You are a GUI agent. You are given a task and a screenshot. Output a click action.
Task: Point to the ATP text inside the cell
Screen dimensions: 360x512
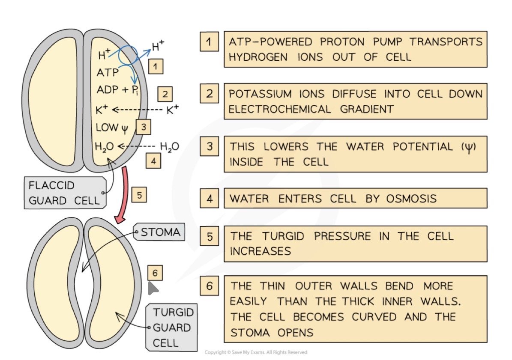pyautogui.click(x=108, y=73)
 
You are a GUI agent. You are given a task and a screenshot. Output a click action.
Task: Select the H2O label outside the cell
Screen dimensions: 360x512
pyautogui.click(x=169, y=146)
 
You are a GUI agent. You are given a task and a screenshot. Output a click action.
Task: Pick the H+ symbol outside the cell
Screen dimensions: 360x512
pyautogui.click(x=158, y=46)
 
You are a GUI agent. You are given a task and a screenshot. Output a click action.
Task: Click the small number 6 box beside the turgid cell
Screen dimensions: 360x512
pyautogui.click(x=155, y=273)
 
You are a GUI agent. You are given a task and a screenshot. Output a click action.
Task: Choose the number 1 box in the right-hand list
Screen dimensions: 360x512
pyautogui.click(x=209, y=42)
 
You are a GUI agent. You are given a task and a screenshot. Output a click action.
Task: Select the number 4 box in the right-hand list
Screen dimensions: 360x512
pyautogui.click(x=209, y=198)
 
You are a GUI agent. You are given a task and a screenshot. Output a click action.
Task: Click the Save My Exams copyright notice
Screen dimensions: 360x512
pyautogui.click(x=256, y=352)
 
